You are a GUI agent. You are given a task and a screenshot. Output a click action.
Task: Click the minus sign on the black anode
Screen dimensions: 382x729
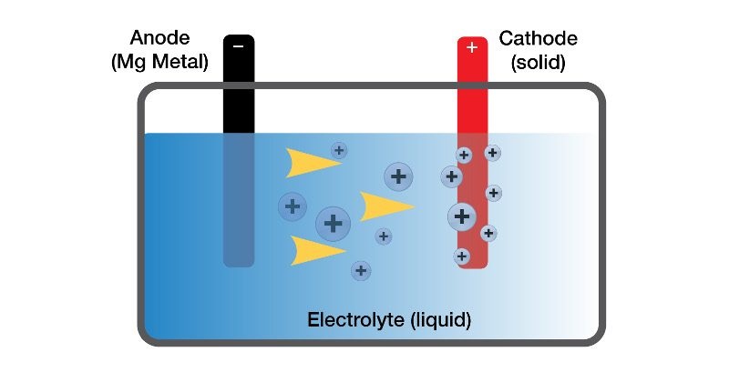tap(239, 46)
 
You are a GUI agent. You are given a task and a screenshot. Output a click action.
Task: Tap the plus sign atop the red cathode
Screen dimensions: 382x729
tap(472, 46)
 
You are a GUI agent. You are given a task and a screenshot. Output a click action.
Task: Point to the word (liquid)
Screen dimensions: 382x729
tap(441, 320)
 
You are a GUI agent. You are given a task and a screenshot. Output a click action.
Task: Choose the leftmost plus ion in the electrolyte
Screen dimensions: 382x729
tap(293, 206)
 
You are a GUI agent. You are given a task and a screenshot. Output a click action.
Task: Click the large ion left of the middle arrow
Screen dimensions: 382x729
tap(334, 222)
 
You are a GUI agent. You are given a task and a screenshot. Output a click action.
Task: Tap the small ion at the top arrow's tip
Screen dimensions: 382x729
tap(339, 150)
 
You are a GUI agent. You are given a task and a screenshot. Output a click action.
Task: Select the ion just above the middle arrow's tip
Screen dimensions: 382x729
tap(397, 176)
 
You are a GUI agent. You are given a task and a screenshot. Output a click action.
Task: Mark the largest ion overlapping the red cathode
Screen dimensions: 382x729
tap(462, 216)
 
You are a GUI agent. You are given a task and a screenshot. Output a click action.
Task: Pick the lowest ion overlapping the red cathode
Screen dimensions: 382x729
tap(462, 256)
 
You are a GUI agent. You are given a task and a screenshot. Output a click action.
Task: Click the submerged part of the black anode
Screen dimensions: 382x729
tap(239, 200)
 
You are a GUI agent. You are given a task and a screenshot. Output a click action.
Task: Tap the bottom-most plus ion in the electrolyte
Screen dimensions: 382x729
tap(362, 270)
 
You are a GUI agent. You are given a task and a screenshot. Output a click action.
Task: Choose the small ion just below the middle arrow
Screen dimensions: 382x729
tap(384, 236)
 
